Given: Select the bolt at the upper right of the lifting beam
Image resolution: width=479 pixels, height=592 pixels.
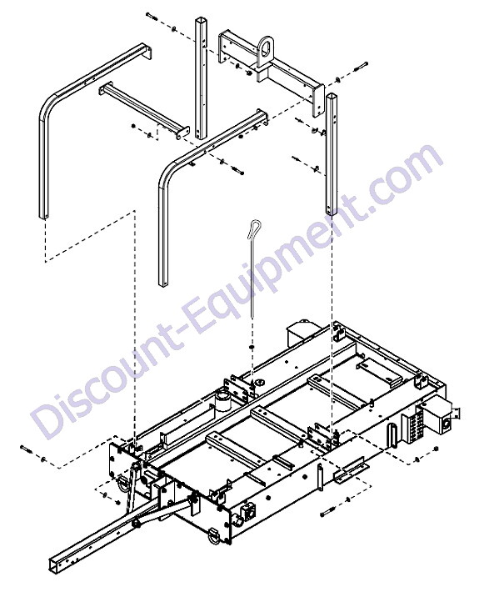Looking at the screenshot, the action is pos(361,68).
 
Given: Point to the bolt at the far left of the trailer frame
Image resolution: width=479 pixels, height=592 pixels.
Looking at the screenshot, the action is pos(27,449).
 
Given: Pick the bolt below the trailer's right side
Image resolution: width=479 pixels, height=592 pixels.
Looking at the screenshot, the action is pos(327,514).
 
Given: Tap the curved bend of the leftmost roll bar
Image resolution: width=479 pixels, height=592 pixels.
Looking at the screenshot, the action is pos(48,108).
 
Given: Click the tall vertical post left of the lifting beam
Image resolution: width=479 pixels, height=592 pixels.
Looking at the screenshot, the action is pos(200,78).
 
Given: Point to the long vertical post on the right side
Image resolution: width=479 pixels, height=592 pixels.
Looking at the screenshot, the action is pos(332,154).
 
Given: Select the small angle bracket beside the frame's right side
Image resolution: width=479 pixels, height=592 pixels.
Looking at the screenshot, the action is pos(351,471).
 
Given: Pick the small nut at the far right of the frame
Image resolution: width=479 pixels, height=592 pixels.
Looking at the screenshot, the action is pos(436,449).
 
